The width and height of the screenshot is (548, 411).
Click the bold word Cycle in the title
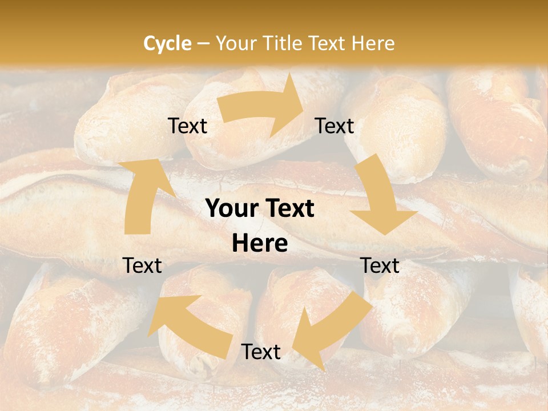click(167, 43)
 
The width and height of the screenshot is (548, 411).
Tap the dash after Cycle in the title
click(203, 43)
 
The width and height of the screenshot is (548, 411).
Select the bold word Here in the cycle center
click(260, 244)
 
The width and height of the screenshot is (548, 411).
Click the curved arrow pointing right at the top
click(263, 107)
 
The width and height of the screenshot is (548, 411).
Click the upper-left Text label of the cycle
click(188, 126)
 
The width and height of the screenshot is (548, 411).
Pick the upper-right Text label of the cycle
click(335, 126)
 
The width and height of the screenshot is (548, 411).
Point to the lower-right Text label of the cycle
click(380, 265)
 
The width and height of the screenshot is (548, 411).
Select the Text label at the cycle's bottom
click(261, 352)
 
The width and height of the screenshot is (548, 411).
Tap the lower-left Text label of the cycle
click(143, 265)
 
